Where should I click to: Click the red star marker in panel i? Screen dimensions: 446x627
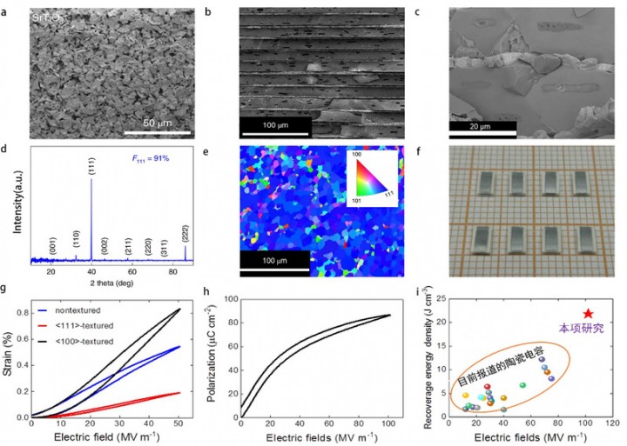(588, 314)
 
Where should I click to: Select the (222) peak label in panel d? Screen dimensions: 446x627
(185, 232)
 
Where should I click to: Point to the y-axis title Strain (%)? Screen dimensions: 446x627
(8, 356)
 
